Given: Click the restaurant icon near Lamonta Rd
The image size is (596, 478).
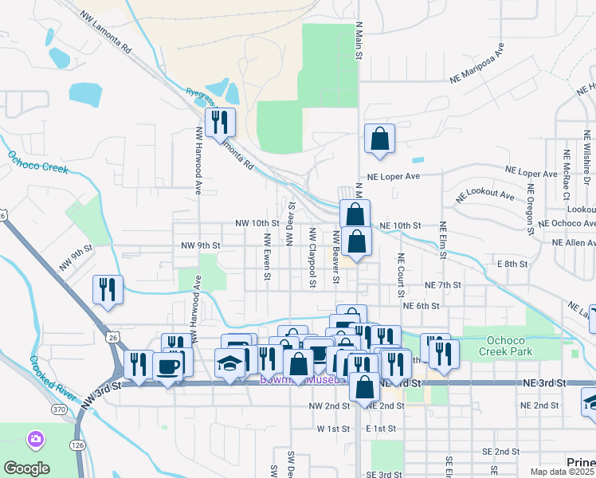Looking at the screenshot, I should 218,123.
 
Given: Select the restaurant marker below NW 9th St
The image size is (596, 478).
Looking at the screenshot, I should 107,290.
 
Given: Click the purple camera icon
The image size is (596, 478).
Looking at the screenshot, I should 35,439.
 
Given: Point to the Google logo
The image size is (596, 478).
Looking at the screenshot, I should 26,468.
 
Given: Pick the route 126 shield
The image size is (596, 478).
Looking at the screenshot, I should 78,445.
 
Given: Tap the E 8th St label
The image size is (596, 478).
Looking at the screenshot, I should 512,263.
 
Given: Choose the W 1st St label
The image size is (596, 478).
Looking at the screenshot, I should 334,429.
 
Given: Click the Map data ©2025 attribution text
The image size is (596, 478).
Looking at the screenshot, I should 563,472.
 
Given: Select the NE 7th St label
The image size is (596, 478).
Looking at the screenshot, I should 444,285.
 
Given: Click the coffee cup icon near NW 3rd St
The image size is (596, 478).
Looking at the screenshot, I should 168,366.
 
